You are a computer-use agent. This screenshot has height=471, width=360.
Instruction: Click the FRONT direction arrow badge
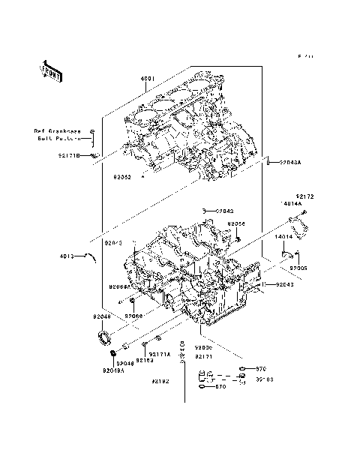click(x=51, y=70)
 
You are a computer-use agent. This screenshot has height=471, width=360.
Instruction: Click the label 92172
click(x=304, y=196)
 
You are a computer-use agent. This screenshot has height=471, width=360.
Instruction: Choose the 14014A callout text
click(x=292, y=203)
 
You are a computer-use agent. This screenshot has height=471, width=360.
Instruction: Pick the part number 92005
click(x=299, y=267)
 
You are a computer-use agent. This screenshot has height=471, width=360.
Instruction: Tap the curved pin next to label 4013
click(x=91, y=256)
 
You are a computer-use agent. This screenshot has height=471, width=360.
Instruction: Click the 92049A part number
click(x=113, y=370)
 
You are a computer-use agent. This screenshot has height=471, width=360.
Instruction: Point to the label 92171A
click(x=160, y=353)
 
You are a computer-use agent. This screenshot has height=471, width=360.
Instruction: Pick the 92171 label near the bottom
click(x=205, y=357)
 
